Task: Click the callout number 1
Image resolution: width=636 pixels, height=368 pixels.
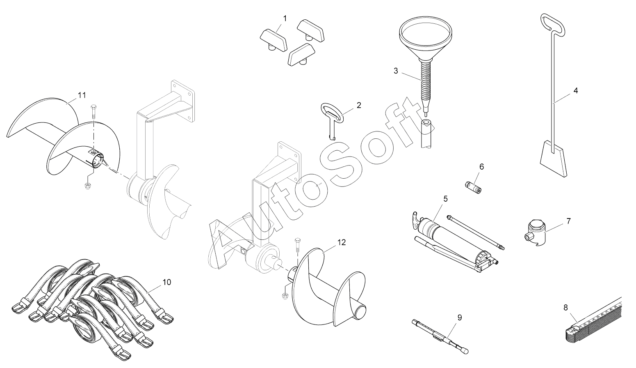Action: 285,18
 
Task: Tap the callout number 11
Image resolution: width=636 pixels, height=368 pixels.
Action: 82,95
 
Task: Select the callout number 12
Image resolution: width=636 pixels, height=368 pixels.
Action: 341,242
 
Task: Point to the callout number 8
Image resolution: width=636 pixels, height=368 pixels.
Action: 566,307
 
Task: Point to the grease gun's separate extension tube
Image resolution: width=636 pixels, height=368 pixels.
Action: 476,232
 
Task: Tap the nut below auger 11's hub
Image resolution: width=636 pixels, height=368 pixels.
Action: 87,186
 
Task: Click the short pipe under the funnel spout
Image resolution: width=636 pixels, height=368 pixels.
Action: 426,133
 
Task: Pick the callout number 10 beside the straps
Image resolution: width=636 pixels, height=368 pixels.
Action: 166,282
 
